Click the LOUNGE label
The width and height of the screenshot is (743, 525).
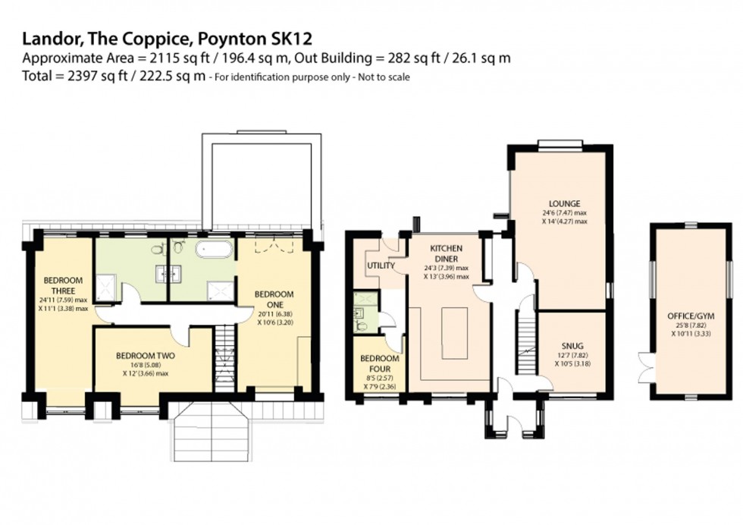(x=566, y=203)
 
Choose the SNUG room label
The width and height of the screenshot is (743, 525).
(x=571, y=341)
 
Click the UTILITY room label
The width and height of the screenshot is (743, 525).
(x=379, y=266)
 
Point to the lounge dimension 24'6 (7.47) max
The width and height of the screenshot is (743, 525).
(x=566, y=213)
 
